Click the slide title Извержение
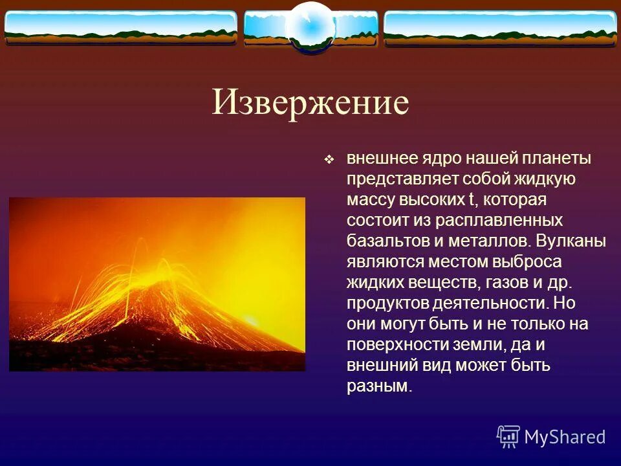pyautogui.click(x=310, y=103)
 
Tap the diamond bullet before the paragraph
pyautogui.click(x=329, y=160)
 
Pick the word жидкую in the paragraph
pyautogui.click(x=545, y=179)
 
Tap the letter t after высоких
pyautogui.click(x=472, y=199)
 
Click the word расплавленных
pyautogui.click(x=499, y=221)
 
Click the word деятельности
pyautogui.click(x=490, y=303)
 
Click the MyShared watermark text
pyautogui.click(x=565, y=437)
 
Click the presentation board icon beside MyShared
pyautogui.click(x=508, y=437)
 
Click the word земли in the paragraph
pyautogui.click(x=478, y=345)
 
